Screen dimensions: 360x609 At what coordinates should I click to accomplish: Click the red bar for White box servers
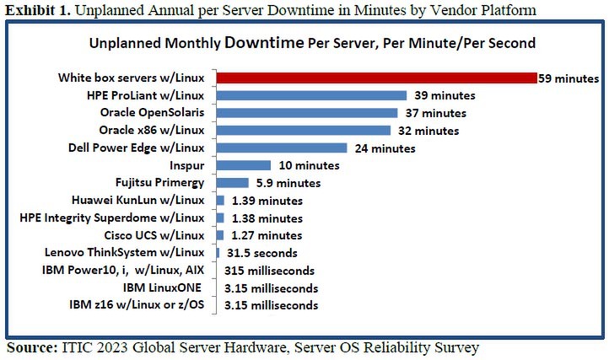[376, 78]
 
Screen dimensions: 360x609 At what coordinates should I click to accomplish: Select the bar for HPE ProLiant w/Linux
[311, 95]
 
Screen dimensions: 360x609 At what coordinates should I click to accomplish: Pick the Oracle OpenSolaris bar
[306, 112]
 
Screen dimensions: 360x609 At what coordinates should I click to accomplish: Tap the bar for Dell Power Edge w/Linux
[282, 148]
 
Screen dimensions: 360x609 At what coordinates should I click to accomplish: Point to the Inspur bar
[243, 165]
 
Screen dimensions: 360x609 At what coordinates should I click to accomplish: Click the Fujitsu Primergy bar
[232, 182]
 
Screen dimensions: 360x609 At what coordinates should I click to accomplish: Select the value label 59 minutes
[569, 78]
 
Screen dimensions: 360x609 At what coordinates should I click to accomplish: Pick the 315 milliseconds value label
[269, 271]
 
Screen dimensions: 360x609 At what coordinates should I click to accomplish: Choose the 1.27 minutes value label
[264, 235]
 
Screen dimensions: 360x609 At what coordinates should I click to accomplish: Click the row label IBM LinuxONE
[163, 287]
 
